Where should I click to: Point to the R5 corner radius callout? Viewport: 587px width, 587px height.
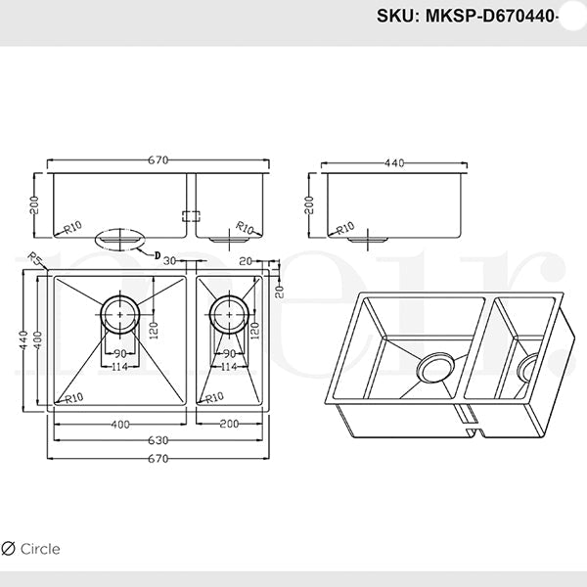pyautogui.click(x=35, y=260)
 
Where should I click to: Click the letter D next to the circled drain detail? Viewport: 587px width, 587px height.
pyautogui.click(x=157, y=253)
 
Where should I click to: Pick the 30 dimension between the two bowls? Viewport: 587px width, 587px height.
pyautogui.click(x=169, y=261)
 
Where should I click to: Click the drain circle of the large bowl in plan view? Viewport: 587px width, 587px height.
pyautogui.click(x=120, y=313)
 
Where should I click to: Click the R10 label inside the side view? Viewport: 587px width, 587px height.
pyautogui.click(x=344, y=229)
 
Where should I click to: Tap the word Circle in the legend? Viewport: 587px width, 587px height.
pyautogui.click(x=40, y=549)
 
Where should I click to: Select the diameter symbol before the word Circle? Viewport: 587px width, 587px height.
pyautogui.click(x=10, y=549)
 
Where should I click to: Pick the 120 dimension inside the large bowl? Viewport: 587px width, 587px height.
pyautogui.click(x=155, y=328)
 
